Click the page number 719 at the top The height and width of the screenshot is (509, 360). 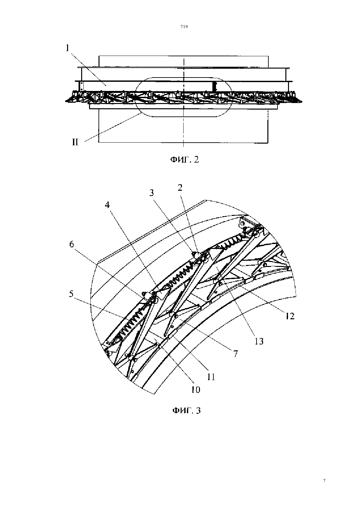coord(184,26)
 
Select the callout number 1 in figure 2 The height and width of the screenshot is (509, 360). coord(67,48)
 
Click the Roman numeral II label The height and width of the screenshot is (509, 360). coord(75,142)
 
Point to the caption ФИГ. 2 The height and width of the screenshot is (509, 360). coord(185,160)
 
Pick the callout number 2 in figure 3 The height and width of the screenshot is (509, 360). coord(180,187)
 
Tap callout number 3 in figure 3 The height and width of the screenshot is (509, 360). coord(151,193)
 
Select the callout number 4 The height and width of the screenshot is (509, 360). coord(107,205)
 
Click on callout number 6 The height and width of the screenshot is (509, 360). coord(72,244)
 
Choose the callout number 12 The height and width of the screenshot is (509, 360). coord(290,316)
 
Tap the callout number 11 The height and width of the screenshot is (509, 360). coord(211,377)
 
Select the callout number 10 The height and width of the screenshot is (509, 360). coord(196,390)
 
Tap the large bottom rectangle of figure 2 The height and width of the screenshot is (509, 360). coord(183,143)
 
